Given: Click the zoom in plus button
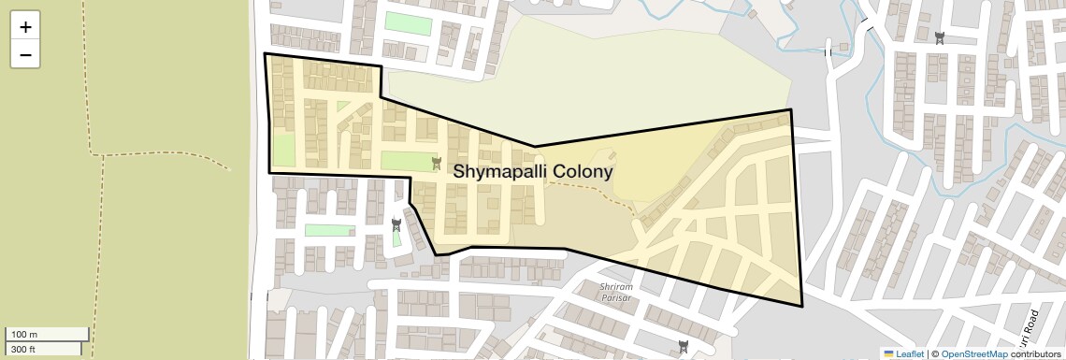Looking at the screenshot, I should pyautogui.click(x=25, y=27).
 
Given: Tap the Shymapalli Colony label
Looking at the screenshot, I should pyautogui.click(x=533, y=172).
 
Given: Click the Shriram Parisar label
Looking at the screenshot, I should pyautogui.click(x=616, y=292).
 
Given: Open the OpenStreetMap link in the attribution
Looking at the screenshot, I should pyautogui.click(x=973, y=353).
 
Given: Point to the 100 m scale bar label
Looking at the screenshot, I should pyautogui.click(x=25, y=335).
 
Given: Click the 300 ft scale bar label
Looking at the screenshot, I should pyautogui.click(x=23, y=349).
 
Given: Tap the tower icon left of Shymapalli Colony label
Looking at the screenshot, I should pyautogui.click(x=436, y=164).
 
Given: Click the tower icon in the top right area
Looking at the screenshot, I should pyautogui.click(x=939, y=38).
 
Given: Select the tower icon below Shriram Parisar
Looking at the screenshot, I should pyautogui.click(x=684, y=347).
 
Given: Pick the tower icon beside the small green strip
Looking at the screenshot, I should pyautogui.click(x=396, y=224).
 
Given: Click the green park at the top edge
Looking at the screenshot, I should pyautogui.click(x=409, y=23).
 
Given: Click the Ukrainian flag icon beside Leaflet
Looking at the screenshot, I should pyautogui.click(x=888, y=353).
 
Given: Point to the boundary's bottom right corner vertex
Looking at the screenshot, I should pyautogui.click(x=802, y=307).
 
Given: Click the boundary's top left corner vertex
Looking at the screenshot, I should pyautogui.click(x=265, y=54).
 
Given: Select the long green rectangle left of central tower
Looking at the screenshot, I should pyautogui.click(x=408, y=161).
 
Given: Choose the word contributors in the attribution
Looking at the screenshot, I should pyautogui.click(x=1035, y=353).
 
